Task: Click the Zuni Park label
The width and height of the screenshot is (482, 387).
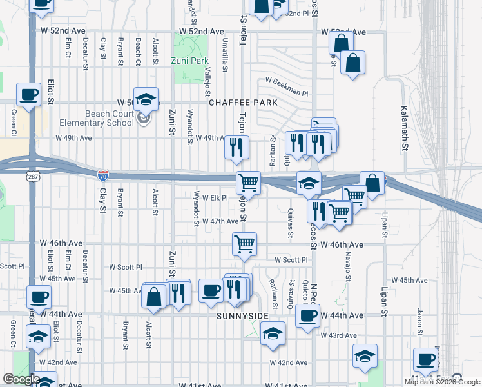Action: (190, 61)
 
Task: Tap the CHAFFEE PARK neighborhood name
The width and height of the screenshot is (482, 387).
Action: (243, 103)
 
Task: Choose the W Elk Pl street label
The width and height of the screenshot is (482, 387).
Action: (215, 198)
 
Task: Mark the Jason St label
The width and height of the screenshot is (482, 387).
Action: (419, 317)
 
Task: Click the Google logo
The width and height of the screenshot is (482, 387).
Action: (21, 379)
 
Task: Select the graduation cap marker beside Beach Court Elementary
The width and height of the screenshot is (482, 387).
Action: (146, 99)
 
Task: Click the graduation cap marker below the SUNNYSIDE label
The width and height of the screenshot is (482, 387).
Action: (273, 333)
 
